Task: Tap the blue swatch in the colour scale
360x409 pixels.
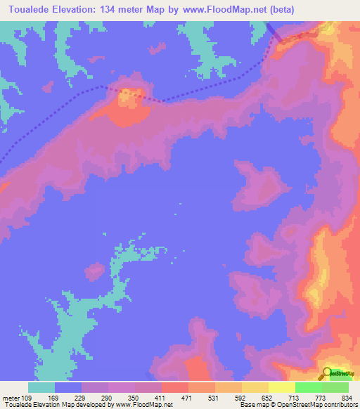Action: point(68,387)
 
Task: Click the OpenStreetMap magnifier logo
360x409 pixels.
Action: point(328,373)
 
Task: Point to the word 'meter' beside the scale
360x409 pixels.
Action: point(12,398)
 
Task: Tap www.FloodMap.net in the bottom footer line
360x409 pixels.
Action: point(144,405)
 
